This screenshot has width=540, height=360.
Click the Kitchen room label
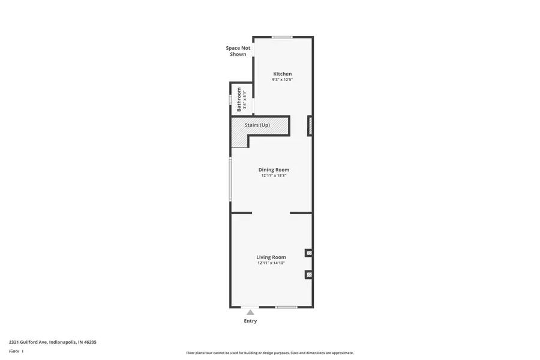283,74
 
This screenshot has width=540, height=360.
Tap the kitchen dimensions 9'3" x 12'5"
283,80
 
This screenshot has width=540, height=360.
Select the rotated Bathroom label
239,99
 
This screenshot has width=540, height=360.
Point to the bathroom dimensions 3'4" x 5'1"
245,99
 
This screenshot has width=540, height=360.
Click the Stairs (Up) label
257,125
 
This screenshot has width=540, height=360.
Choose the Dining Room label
274,170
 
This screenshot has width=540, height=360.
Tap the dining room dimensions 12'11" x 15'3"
274,176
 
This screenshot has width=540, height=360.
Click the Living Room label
271,257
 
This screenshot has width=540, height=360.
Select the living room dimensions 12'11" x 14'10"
271,263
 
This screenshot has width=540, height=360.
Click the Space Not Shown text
238,51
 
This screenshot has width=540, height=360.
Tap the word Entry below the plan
250,321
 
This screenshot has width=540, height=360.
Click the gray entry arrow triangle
250,312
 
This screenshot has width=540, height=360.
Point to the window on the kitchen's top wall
282,37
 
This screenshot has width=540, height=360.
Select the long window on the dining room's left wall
230,179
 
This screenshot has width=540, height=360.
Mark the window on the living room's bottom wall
286,307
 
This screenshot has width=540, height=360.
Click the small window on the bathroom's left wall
230,100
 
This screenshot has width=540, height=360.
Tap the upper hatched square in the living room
309,253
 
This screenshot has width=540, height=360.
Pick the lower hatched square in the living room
309,275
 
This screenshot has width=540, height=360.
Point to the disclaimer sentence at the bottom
270,353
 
